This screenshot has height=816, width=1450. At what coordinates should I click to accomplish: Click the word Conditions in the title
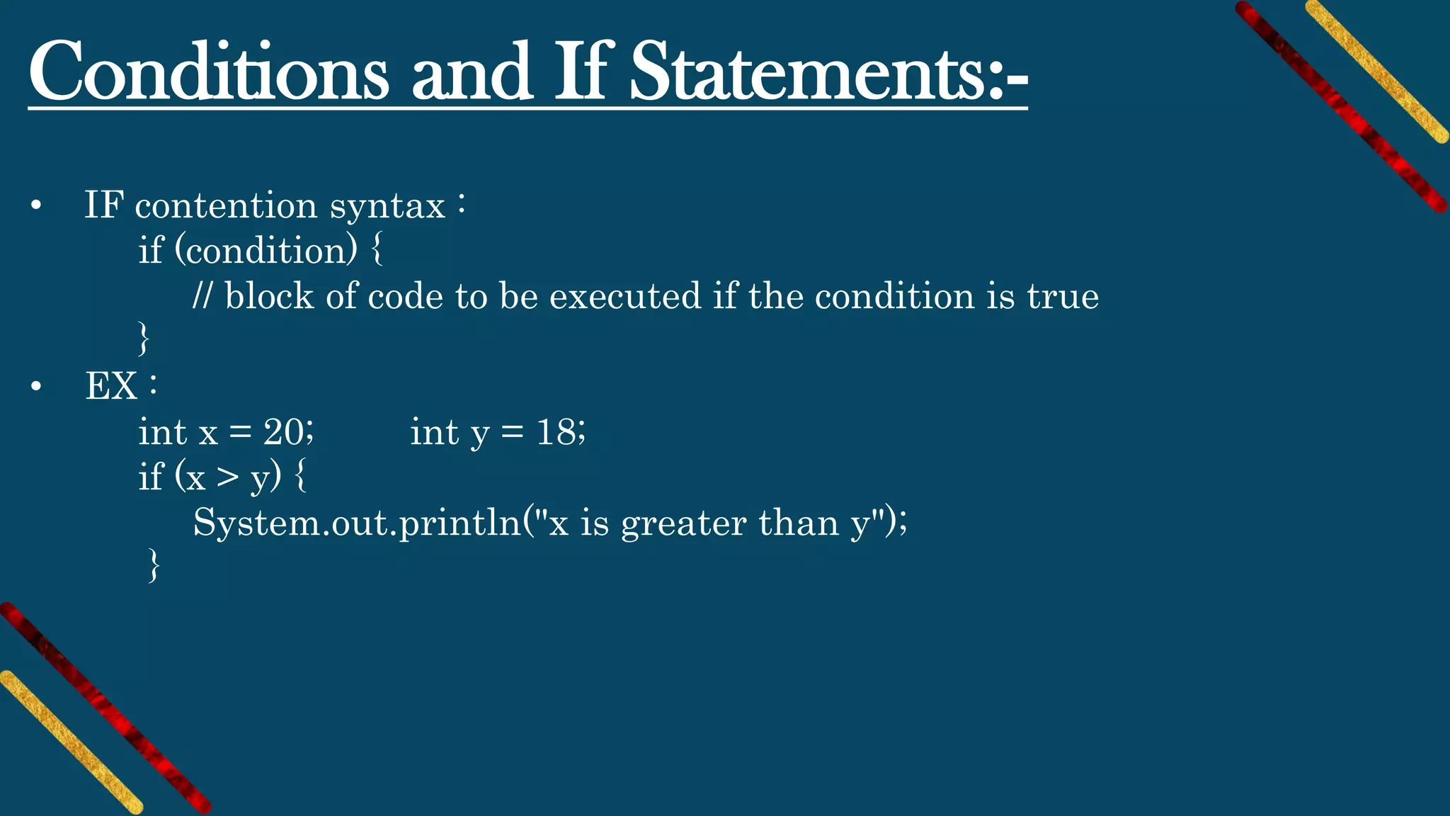[208, 73]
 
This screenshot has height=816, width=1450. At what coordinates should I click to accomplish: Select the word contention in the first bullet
[226, 206]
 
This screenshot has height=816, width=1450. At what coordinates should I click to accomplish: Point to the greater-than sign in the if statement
[228, 478]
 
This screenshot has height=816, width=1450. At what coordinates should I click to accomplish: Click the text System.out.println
[357, 523]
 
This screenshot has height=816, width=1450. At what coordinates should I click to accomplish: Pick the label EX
[111, 387]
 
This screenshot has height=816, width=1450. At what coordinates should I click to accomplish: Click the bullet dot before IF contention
[36, 207]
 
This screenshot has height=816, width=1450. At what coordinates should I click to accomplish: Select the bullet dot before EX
[36, 387]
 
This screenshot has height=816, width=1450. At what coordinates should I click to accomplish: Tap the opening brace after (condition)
[377, 250]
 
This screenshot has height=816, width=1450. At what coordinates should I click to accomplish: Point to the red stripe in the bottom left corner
[106, 708]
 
